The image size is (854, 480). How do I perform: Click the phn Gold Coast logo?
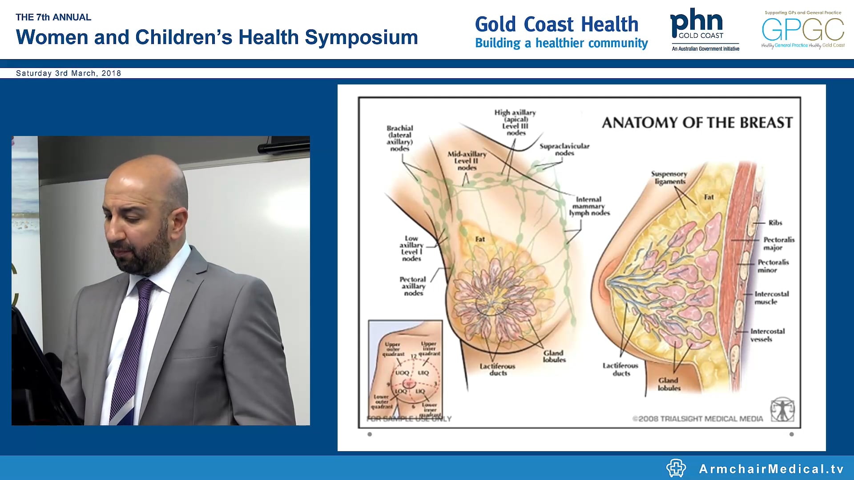click(x=704, y=29)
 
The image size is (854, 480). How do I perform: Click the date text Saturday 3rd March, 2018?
click(x=68, y=73)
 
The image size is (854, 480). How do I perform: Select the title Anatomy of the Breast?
click(x=697, y=123)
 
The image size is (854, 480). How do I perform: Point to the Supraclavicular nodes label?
click(x=564, y=149)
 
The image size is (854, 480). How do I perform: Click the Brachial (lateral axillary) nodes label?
click(x=399, y=138)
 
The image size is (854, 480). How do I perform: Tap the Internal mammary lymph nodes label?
click(x=589, y=206)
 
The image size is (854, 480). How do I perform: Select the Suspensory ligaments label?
click(x=669, y=177)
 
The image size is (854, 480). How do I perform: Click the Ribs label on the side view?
click(x=775, y=223)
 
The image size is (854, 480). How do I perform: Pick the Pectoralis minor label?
click(x=773, y=266)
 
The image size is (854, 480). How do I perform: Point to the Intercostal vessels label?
click(x=767, y=335)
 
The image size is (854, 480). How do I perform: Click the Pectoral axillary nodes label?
click(x=413, y=286)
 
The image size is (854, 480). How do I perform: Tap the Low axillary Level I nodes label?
click(x=411, y=248)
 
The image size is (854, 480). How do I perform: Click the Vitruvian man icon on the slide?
click(x=782, y=410)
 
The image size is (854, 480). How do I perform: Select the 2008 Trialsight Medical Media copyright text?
click(x=697, y=419)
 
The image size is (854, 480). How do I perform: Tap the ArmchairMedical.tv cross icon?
click(x=676, y=468)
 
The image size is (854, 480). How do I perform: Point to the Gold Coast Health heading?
click(x=556, y=24)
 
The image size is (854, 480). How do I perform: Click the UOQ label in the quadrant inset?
click(x=402, y=373)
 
